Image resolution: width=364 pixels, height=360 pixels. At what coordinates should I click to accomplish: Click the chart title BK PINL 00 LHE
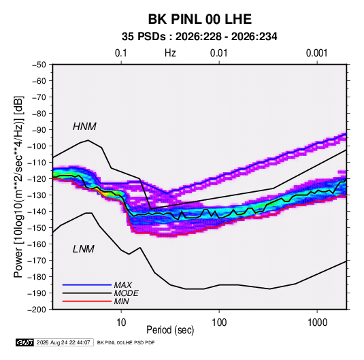tap(200, 19)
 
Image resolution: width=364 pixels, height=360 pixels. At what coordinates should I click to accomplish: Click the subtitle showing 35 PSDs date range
tap(199, 37)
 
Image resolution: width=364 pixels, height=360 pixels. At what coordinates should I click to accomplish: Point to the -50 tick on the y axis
tap(39, 65)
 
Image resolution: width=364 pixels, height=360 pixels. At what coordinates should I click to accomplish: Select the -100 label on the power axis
tap(37, 146)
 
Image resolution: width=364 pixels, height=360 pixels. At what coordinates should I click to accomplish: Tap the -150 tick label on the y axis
tap(37, 228)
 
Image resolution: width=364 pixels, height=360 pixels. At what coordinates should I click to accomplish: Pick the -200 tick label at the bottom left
tap(37, 310)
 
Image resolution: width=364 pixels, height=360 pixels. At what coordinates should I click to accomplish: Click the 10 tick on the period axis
tap(121, 323)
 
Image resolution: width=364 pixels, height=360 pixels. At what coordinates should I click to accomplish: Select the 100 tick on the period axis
tap(219, 323)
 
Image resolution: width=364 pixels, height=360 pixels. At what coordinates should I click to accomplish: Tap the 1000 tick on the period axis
tap(317, 323)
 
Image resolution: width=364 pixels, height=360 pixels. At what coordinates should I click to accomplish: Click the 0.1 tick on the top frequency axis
tap(121, 53)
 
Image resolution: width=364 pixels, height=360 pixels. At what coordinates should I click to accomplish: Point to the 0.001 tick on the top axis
tap(317, 53)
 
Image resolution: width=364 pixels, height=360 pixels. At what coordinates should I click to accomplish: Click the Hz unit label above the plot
tap(170, 53)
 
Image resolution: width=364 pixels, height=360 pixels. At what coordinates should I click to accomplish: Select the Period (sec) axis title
tap(170, 330)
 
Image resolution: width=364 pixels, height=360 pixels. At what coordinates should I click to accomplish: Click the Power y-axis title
tap(18, 186)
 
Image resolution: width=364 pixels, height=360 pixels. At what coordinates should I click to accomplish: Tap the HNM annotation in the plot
tap(84, 127)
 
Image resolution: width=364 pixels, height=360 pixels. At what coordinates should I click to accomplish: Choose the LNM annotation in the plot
tap(84, 249)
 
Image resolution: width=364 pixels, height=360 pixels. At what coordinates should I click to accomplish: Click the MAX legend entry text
tap(123, 285)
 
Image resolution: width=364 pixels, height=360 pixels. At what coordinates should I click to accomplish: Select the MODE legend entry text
tap(127, 293)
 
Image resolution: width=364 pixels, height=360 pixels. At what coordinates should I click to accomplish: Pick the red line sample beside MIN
tap(87, 301)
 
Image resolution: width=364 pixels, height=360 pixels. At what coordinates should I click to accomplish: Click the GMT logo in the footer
tap(25, 342)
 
